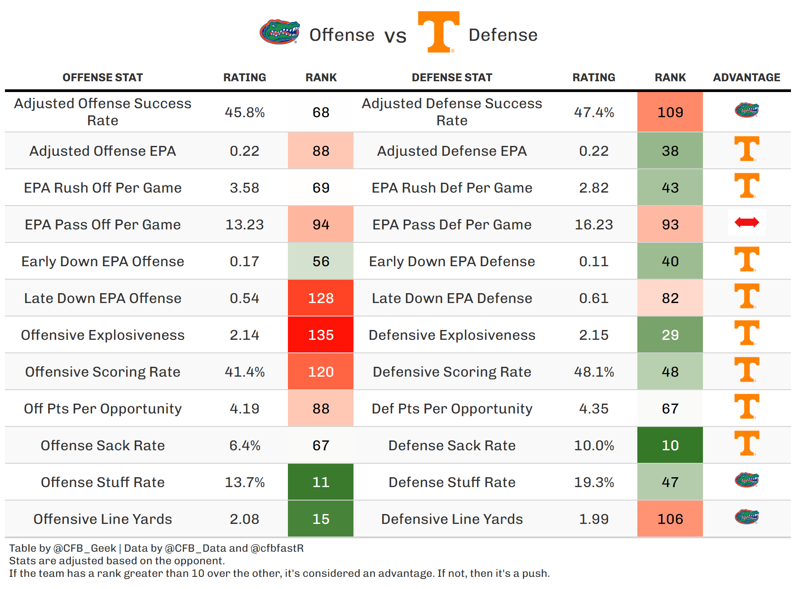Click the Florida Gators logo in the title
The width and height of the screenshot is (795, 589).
tap(279, 31)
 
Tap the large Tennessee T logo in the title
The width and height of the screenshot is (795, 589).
tap(438, 31)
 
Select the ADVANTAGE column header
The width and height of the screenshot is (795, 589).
tap(746, 78)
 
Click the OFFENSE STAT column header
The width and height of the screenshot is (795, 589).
tap(102, 78)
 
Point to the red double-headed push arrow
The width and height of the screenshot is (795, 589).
tap(746, 222)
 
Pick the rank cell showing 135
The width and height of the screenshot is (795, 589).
tap(321, 335)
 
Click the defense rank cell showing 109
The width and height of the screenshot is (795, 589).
tap(670, 112)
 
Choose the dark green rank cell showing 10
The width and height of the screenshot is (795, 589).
tap(670, 445)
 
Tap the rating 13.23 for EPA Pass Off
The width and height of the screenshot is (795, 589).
tap(244, 224)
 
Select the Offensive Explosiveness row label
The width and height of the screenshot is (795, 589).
tap(102, 335)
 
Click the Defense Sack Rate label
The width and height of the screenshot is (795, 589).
tap(452, 445)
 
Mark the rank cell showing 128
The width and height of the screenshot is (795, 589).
tap(321, 298)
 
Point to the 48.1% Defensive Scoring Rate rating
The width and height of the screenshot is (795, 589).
tap(594, 372)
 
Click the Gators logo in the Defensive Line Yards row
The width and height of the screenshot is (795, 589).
tap(746, 517)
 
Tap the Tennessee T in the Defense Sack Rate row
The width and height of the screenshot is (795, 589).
tap(746, 443)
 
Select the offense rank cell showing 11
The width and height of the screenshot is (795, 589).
tap(321, 482)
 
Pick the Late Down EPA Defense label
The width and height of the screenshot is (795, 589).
tap(452, 298)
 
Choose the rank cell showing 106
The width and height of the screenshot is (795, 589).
tap(670, 519)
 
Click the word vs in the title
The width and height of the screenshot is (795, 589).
tap(395, 36)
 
